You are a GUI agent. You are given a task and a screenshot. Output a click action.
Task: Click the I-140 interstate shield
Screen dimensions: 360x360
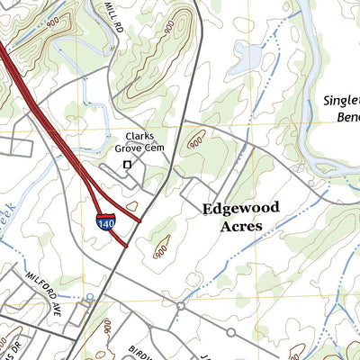[x=106, y=221]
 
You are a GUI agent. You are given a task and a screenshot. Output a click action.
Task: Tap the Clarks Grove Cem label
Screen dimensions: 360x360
[x=141, y=142]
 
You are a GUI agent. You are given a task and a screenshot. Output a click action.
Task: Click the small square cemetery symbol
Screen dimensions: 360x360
[x=127, y=165]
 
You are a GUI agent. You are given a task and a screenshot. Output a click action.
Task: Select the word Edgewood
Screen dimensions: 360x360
[x=240, y=208]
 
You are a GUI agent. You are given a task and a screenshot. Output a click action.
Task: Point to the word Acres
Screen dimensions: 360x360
[x=240, y=226]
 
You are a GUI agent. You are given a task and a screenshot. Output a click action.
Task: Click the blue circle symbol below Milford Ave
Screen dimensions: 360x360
[x=89, y=297]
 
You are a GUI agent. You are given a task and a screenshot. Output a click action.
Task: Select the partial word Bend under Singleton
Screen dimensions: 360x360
[x=345, y=118]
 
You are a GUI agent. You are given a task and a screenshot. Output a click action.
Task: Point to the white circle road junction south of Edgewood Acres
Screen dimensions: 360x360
[x=180, y=306]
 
